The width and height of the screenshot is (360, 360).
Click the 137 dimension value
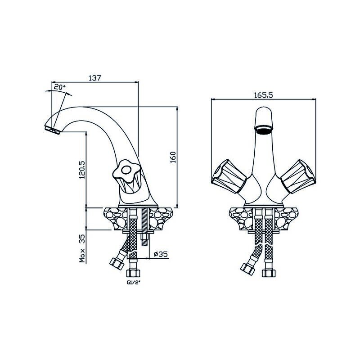click(x=95, y=78)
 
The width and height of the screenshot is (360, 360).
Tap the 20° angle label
click(x=60, y=87)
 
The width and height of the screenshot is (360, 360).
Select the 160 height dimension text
click(x=173, y=157)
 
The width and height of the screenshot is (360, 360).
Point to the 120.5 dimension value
click(x=82, y=170)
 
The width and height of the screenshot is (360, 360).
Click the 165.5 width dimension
click(x=263, y=95)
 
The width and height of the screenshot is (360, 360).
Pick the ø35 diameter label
click(x=161, y=254)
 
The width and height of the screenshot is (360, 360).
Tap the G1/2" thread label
click(x=133, y=283)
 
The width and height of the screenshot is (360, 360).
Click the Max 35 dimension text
click(x=82, y=248)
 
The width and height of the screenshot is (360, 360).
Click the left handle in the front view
click(x=229, y=176)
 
